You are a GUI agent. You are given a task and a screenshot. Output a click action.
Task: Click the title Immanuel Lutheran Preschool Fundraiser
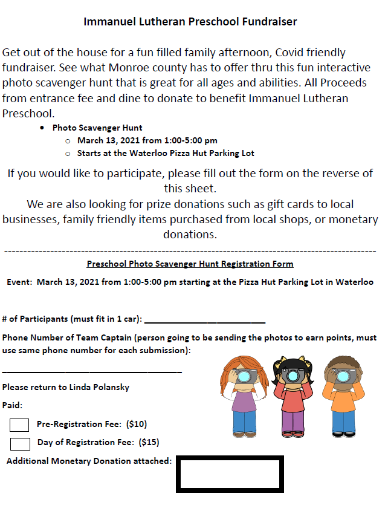[190, 22]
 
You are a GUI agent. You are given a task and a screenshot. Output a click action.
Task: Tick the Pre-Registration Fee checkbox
[20, 425]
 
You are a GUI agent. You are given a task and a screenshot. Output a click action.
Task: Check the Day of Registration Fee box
[20, 443]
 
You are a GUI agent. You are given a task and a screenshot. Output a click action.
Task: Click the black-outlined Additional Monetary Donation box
[229, 474]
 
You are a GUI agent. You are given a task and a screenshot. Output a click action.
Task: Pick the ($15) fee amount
[149, 442]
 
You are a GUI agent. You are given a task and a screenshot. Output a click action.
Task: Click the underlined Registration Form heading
[190, 264]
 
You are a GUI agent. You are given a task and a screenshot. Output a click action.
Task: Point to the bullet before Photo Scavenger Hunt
[42, 128]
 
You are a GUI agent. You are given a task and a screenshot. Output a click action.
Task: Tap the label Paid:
[12, 405]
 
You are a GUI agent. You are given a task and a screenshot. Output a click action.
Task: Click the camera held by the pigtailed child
[293, 376]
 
